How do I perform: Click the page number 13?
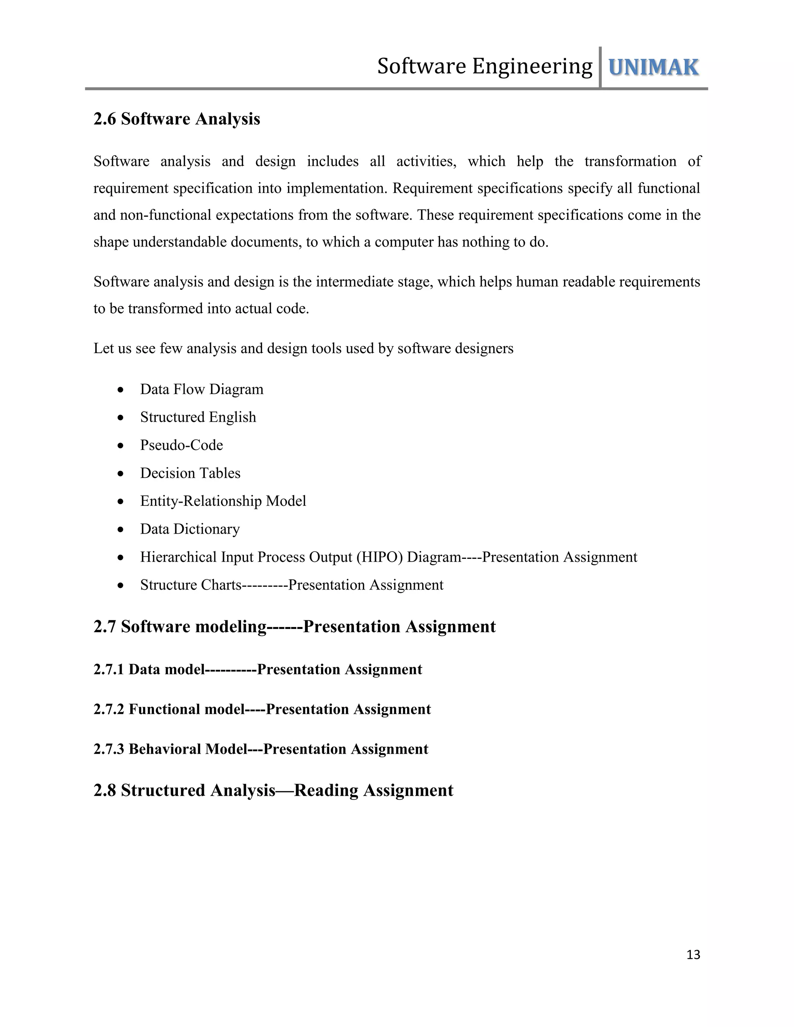coord(693,955)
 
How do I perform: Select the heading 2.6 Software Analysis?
coord(176,119)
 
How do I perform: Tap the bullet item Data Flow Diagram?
coord(201,389)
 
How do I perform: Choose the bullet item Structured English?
coord(198,417)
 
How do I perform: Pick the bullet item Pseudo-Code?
coord(181,445)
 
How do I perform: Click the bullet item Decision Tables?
coord(190,473)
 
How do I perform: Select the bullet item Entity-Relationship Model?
coord(223,501)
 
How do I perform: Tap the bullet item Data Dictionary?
coord(190,529)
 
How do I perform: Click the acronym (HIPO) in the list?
coord(380,557)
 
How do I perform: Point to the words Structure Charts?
coord(190,585)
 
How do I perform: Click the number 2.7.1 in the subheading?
coord(109,669)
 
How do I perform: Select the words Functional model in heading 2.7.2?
coord(186,709)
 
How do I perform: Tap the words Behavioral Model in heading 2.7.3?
coord(188,749)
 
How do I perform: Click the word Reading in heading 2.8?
coord(326,791)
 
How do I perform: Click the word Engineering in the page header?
coord(532,66)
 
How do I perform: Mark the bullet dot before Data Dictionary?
coord(121,529)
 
